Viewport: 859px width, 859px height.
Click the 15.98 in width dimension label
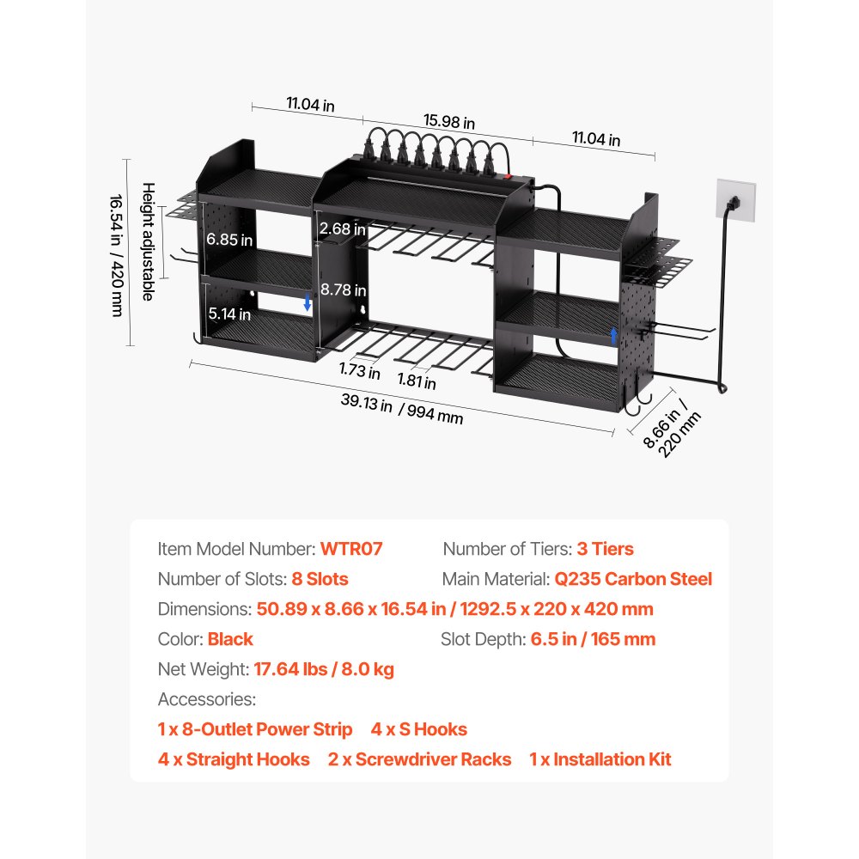448,122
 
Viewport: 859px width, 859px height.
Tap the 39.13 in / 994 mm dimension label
401,409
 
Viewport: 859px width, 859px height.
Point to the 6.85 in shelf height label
229,240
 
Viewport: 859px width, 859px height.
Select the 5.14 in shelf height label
229,314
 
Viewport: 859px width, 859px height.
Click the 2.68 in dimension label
343,228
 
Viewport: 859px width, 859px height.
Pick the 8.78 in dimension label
344,289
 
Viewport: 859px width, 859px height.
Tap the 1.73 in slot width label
359,370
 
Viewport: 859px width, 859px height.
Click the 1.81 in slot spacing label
417,381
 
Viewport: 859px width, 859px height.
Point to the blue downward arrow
308,302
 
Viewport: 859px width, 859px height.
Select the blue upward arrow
613,336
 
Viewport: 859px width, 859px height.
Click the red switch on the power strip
508,176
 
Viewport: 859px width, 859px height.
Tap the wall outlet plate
736,200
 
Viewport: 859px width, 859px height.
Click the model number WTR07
351,549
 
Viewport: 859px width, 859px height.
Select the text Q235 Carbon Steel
633,579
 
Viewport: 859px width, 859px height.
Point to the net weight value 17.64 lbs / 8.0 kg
324,669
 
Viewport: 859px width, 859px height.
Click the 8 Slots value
320,579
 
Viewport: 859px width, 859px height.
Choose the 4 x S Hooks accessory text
418,729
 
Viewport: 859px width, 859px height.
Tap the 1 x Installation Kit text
600,759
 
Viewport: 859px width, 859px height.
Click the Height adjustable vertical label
149,241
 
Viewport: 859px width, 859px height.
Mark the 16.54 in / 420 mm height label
117,255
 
